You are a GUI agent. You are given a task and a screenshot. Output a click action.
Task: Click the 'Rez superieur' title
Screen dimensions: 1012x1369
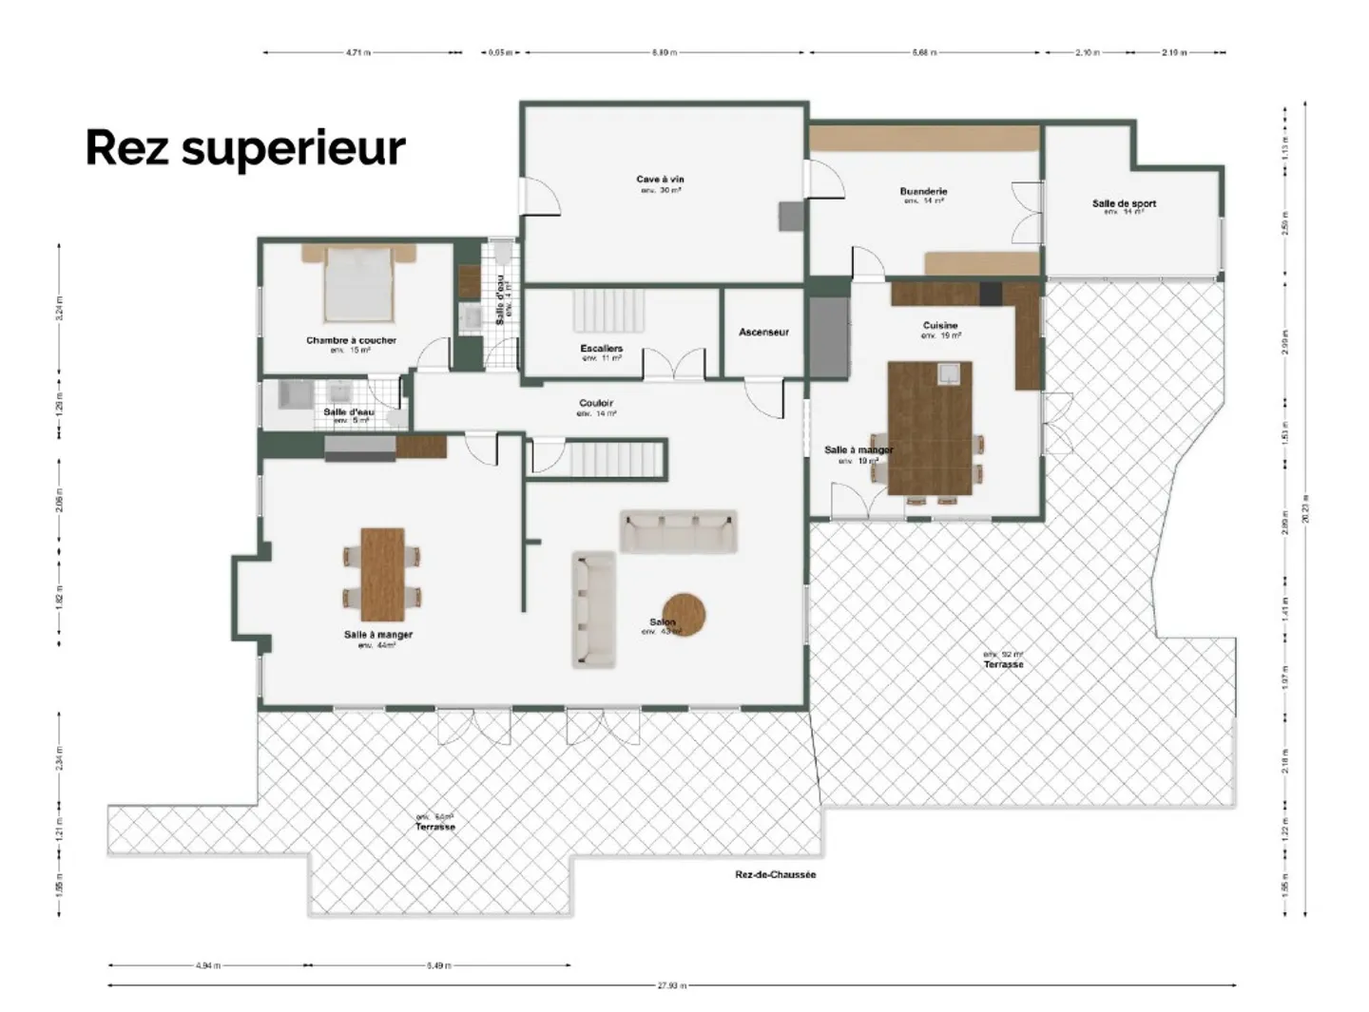click(x=245, y=148)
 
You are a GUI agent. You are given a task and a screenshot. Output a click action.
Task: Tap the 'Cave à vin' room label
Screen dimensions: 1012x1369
click(x=660, y=180)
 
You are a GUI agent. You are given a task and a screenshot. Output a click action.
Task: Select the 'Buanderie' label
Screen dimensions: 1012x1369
click(x=923, y=192)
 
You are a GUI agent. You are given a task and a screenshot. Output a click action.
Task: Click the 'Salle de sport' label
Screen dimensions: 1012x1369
click(x=1124, y=203)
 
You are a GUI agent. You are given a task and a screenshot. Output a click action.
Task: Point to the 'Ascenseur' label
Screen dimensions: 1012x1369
click(x=763, y=333)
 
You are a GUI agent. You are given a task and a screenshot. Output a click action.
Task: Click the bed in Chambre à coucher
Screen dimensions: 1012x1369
click(x=358, y=283)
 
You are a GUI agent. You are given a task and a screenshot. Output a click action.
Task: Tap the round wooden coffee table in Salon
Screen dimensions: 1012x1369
click(x=684, y=614)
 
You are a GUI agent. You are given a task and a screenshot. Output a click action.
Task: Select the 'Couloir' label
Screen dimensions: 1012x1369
click(x=596, y=404)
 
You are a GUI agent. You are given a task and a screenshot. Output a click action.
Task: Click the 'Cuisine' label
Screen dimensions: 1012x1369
click(x=939, y=326)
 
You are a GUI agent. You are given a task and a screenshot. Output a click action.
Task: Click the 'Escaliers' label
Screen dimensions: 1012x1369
click(x=601, y=349)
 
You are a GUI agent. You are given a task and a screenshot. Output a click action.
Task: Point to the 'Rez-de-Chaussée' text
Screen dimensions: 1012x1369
click(x=775, y=874)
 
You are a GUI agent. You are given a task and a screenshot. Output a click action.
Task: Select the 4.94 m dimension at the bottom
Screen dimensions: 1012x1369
click(x=207, y=965)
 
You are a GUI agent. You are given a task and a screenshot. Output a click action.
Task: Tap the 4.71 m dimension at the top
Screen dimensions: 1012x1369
click(x=357, y=52)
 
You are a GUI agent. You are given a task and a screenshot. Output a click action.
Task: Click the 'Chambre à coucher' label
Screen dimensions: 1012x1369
click(x=351, y=340)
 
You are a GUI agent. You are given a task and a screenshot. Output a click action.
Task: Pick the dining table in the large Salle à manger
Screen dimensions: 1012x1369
click(x=382, y=568)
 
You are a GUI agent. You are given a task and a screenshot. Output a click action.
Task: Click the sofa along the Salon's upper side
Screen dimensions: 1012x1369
click(x=678, y=532)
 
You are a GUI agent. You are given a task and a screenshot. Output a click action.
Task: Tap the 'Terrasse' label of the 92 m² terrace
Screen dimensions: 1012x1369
click(x=1004, y=664)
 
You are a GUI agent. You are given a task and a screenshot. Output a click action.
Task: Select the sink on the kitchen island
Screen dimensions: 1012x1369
click(x=948, y=374)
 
